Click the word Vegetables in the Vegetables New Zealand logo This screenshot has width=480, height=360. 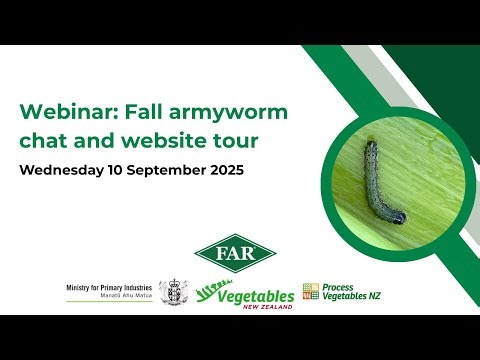[257, 295]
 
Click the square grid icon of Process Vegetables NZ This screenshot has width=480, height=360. [310, 291]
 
